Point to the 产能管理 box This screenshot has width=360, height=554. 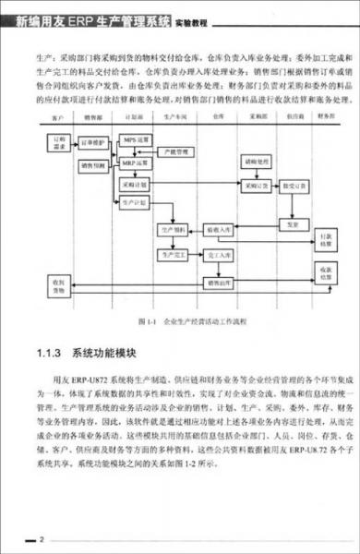coord(175,151)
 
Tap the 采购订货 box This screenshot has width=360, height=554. coord(256,185)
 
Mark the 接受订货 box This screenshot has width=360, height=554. coord(293,185)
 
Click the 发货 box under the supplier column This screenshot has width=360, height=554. coord(293,223)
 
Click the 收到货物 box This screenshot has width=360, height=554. coord(59,283)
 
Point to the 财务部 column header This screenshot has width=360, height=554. coord(326,118)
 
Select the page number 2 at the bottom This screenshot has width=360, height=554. coord(41,536)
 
